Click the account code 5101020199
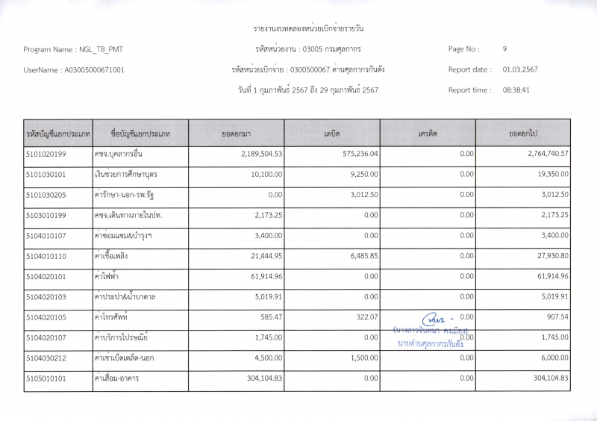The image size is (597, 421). [46, 154]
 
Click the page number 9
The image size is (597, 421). [505, 49]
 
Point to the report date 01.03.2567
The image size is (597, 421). [520, 69]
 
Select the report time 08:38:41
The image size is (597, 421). [516, 90]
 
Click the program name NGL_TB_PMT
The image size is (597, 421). [101, 49]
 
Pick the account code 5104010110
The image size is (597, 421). [46, 256]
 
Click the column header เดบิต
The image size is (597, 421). [332, 134]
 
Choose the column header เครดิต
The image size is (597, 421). [428, 134]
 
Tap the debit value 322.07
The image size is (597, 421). [365, 317]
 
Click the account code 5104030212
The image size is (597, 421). [46, 358]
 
